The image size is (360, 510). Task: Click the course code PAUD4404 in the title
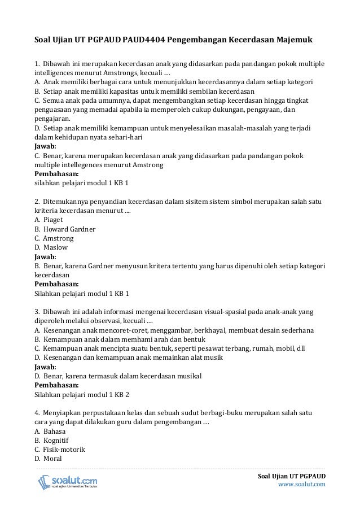click(x=143, y=41)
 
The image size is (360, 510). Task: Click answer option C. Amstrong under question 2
click(x=54, y=238)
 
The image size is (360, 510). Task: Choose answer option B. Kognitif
click(x=51, y=440)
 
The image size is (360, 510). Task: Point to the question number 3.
click(x=37, y=312)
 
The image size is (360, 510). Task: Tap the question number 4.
click(x=37, y=413)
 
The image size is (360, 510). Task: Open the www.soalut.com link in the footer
click(x=303, y=484)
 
